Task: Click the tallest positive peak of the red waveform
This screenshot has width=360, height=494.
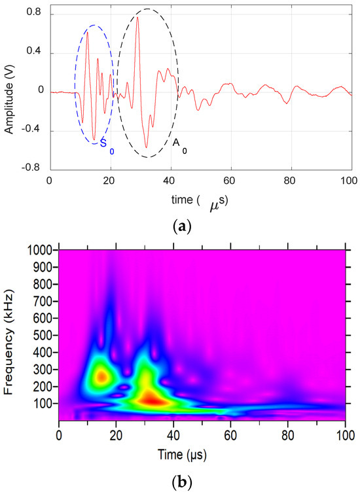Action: click(137, 18)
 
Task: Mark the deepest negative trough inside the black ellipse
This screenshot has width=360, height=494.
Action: click(146, 147)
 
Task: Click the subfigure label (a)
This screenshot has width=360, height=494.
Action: click(180, 226)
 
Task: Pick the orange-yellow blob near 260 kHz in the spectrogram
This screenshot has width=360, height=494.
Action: click(101, 376)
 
